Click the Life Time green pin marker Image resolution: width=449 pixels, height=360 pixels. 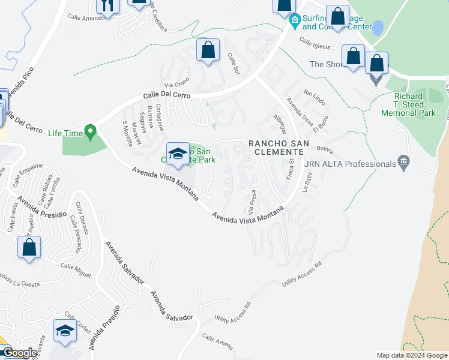pyautogui.click(x=90, y=130)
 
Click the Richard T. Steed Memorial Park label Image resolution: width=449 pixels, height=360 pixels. pyautogui.click(x=415, y=104)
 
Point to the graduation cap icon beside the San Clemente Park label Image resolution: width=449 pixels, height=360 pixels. pyautogui.click(x=178, y=155)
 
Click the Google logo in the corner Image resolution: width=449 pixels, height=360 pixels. pyautogui.click(x=19, y=353)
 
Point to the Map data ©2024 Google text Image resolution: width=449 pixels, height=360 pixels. pyautogui.click(x=411, y=355)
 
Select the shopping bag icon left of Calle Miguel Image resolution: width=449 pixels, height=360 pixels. pyautogui.click(x=29, y=247)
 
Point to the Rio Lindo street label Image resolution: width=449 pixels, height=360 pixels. pyautogui.click(x=315, y=94)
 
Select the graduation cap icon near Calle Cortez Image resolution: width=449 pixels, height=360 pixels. pyautogui.click(x=65, y=331)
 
